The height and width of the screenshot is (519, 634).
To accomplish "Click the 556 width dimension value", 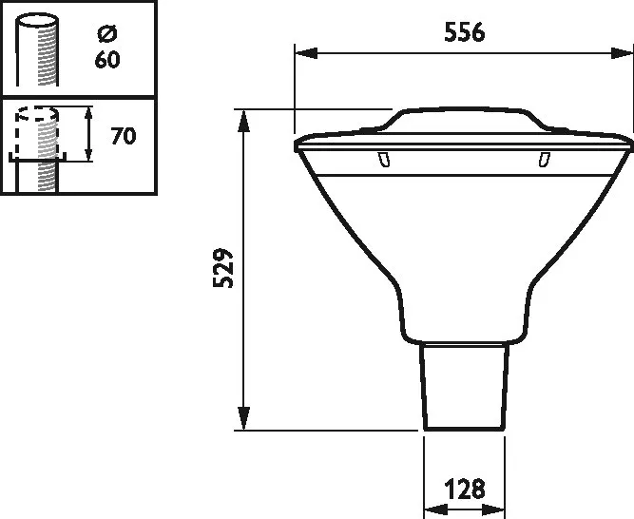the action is pyautogui.click(x=464, y=32).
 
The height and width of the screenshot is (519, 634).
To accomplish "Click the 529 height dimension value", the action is pyautogui.click(x=222, y=268).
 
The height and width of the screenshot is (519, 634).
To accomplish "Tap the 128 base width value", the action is pyautogui.click(x=465, y=490).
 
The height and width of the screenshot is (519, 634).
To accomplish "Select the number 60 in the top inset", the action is pyautogui.click(x=107, y=60).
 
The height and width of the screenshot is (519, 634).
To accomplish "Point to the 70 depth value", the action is pyautogui.click(x=124, y=136).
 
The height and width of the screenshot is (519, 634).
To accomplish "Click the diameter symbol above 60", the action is pyautogui.click(x=107, y=33).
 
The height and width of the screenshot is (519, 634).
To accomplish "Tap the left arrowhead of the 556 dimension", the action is pyautogui.click(x=306, y=53).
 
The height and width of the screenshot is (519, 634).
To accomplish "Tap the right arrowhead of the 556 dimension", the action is pyautogui.click(x=622, y=53).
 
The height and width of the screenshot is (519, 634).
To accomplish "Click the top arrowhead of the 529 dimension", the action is pyautogui.click(x=243, y=121).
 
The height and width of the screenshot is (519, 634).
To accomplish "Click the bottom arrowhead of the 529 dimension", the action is pyautogui.click(x=243, y=418).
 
